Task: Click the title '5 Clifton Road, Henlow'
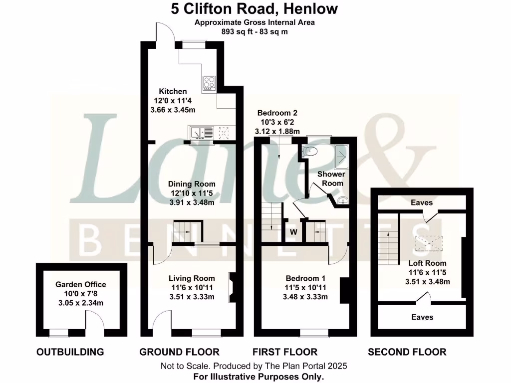coord(255,9)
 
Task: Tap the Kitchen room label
coord(173,91)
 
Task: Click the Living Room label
coord(192,278)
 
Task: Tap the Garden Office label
coord(80,284)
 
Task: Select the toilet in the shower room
coord(310,151)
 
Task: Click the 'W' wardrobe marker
coord(293,232)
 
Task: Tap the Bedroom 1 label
coord(305,278)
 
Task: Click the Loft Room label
coord(427,263)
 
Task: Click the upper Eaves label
coord(422,203)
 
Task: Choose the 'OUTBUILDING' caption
coord(70,352)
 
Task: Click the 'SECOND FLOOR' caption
coord(407,352)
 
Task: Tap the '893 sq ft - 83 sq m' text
coord(255,31)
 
